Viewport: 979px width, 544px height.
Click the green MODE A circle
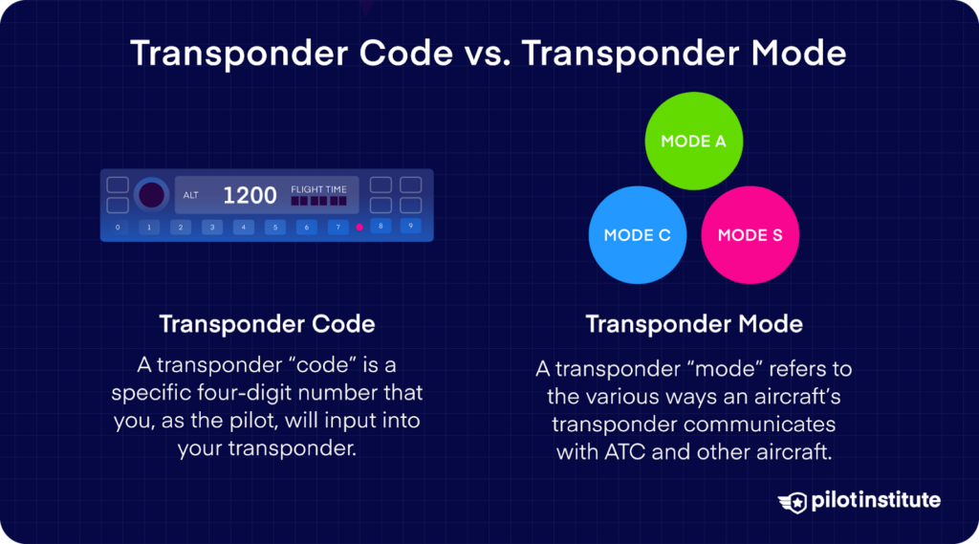click(x=693, y=141)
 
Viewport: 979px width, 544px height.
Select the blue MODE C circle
click(x=637, y=235)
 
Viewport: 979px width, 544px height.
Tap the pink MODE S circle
click(x=750, y=235)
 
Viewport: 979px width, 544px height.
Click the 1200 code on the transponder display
click(x=250, y=196)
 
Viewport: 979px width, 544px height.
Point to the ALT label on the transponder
click(x=191, y=196)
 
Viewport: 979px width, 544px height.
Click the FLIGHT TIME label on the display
click(x=318, y=189)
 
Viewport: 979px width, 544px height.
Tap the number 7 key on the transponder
click(x=337, y=228)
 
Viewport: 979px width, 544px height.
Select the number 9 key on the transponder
click(x=410, y=227)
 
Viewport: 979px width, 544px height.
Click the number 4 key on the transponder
click(x=244, y=228)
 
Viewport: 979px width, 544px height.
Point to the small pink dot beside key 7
click(x=359, y=228)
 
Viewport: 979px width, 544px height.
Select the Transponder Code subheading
click(x=267, y=324)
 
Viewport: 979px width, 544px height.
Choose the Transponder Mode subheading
click(x=694, y=324)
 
